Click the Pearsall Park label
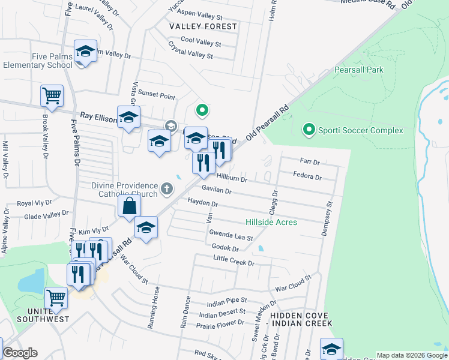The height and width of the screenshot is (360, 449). (x=358, y=70)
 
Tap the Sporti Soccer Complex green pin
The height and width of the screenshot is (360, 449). (x=309, y=129)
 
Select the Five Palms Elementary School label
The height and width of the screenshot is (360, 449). (x=37, y=61)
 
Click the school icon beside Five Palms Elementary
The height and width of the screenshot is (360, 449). (x=85, y=52)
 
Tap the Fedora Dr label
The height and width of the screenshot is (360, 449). (x=307, y=177)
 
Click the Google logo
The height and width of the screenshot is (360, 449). (x=20, y=353)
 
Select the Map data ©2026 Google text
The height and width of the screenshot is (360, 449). (x=411, y=355)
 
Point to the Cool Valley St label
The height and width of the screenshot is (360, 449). (x=200, y=44)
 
